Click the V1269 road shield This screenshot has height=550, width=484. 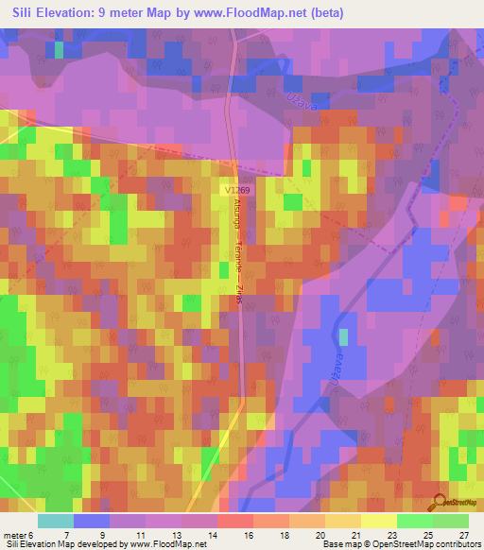238,190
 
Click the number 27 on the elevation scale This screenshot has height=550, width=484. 463,534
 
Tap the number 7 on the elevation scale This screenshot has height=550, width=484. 66,534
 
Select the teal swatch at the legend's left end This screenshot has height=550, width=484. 56,521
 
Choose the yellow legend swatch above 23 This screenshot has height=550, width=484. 378,521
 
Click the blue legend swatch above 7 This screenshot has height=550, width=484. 92,521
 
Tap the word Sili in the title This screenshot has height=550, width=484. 28,12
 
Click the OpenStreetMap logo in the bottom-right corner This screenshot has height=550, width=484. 453,503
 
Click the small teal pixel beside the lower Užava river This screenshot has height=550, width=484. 343,335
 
